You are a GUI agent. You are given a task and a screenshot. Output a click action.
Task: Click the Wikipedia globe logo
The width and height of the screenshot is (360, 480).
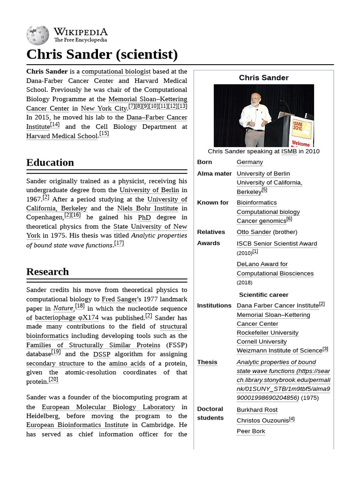click(37, 35)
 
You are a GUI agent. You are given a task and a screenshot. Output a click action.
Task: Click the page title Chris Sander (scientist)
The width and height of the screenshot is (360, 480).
click(102, 54)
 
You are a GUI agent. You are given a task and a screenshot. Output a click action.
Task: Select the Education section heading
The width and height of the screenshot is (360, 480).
click(50, 163)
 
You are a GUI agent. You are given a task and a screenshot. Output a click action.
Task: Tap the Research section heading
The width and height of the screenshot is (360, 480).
click(47, 272)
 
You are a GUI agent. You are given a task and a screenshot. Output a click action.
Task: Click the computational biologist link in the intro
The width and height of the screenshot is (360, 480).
click(116, 72)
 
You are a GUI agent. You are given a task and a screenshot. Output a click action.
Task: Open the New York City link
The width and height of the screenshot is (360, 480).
click(104, 108)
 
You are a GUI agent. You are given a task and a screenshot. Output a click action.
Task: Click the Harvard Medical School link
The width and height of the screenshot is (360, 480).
click(62, 136)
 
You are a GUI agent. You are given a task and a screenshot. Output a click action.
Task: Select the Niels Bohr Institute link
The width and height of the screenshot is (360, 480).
click(147, 208)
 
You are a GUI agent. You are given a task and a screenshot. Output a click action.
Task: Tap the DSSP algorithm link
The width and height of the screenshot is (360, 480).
click(102, 354)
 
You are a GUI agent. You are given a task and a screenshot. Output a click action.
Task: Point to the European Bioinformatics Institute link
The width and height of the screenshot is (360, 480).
click(77, 425)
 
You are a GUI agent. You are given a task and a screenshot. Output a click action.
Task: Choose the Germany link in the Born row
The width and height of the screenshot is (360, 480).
click(250, 162)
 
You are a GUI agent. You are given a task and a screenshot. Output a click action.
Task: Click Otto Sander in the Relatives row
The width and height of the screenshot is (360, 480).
click(254, 232)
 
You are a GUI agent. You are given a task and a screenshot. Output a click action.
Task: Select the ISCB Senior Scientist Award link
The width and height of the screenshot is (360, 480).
click(277, 244)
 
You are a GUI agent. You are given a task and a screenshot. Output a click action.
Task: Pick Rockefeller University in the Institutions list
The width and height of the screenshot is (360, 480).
click(267, 333)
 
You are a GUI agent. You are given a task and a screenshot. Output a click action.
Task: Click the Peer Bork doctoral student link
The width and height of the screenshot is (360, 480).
click(251, 431)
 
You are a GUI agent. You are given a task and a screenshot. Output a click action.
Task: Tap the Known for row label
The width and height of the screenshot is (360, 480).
click(213, 203)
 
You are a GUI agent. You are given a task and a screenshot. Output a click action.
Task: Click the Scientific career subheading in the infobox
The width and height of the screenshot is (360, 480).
click(263, 295)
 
